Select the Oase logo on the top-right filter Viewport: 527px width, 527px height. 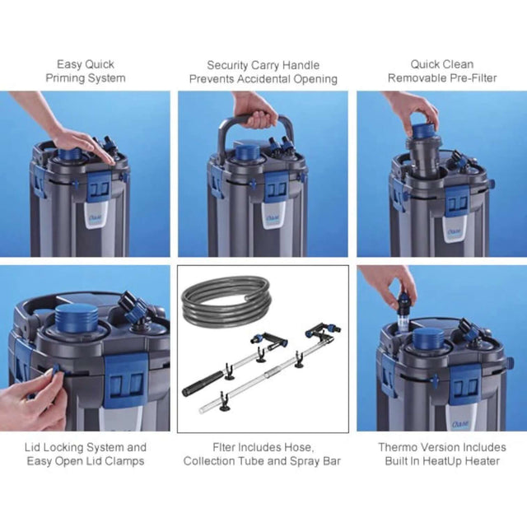pyautogui.click(x=455, y=231)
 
